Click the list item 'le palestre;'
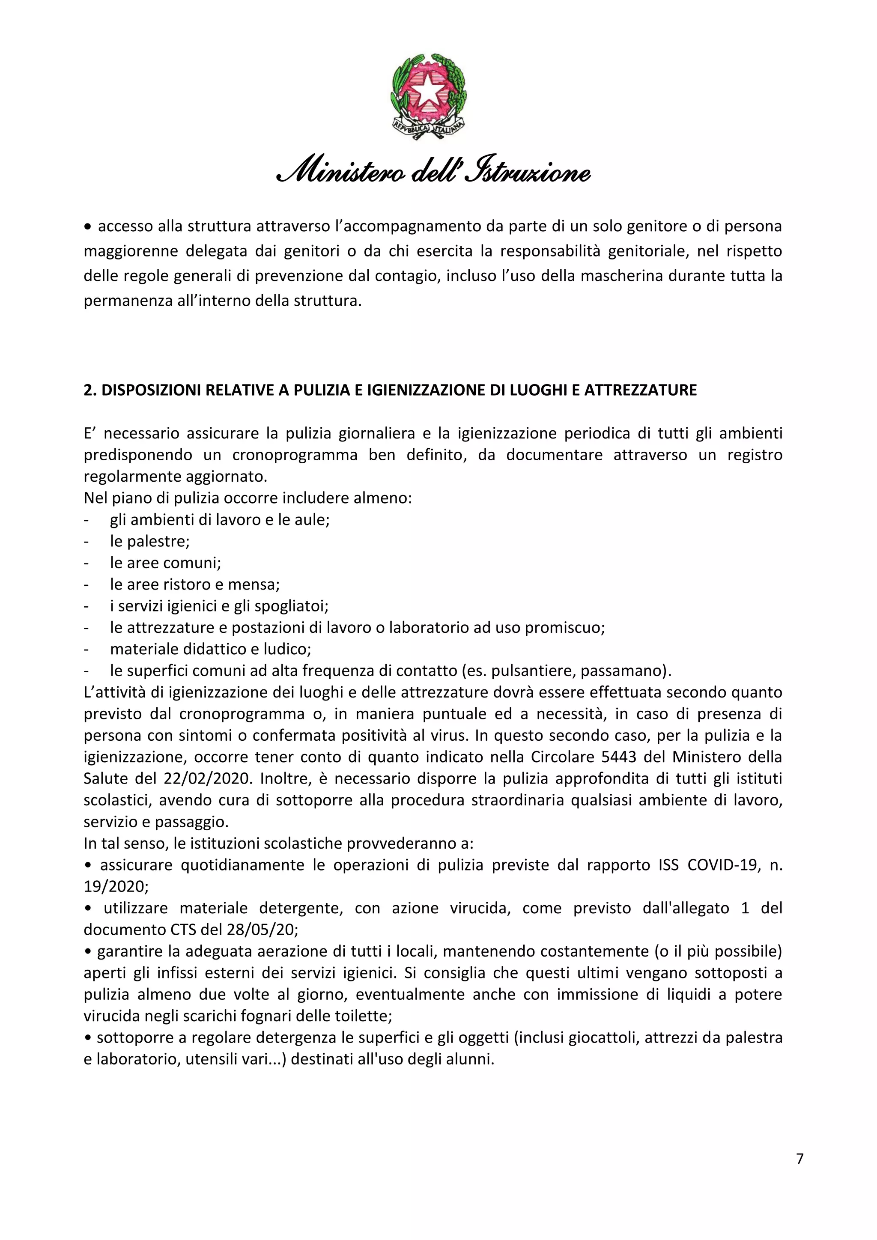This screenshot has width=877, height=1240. (x=149, y=541)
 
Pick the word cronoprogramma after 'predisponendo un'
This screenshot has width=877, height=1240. (x=295, y=455)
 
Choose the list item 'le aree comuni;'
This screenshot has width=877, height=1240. (x=165, y=563)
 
